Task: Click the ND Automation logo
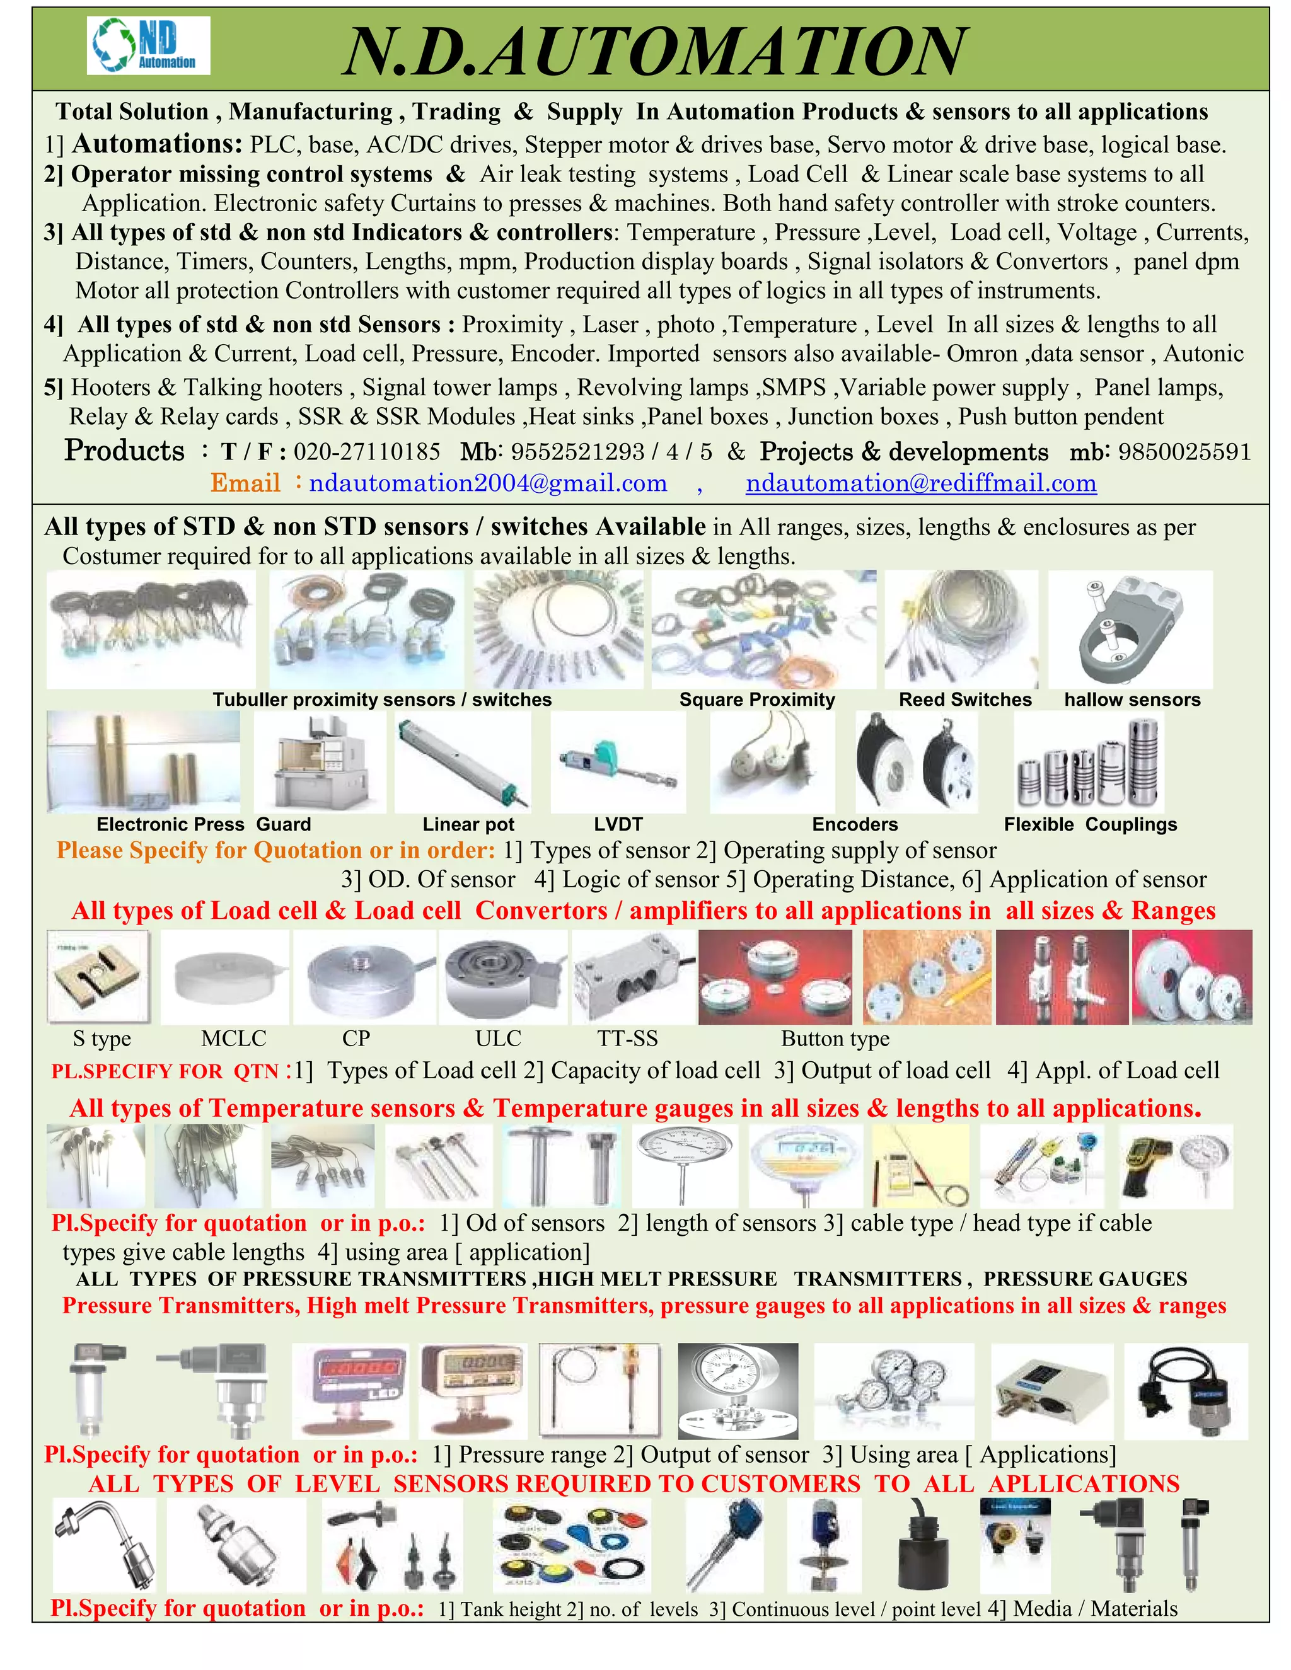148,46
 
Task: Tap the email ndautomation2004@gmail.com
488,483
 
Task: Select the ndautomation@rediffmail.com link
921,483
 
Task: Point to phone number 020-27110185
366,451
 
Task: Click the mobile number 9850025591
1184,451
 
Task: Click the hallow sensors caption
1132,699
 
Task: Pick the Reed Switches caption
964,699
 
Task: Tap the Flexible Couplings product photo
1087,762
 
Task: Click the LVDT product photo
618,762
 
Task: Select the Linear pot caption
468,824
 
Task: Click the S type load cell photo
98,976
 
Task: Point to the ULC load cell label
498,1039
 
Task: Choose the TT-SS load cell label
627,1039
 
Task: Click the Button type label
835,1039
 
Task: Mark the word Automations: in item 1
158,144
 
